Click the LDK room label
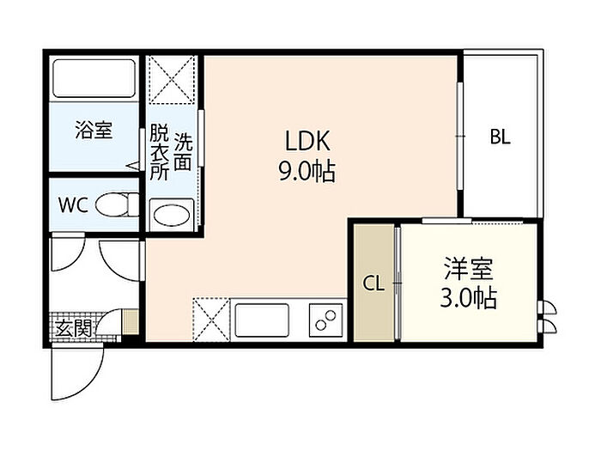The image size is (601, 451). click(307, 141)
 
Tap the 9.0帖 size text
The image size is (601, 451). click(307, 171)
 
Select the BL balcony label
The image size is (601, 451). click(501, 137)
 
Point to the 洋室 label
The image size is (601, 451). click(469, 269)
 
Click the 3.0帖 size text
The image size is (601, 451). click(469, 297)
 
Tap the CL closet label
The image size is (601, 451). click(373, 283)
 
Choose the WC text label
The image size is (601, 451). click(73, 205)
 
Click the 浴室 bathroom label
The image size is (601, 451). click(94, 130)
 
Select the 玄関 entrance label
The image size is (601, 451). click(74, 328)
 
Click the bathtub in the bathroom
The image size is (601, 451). click(94, 78)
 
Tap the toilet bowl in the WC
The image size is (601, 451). click(117, 204)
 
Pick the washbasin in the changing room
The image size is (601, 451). click(172, 215)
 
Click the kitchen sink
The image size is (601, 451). click(262, 320)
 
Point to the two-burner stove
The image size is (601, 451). click(325, 320)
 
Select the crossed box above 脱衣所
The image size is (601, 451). click(172, 80)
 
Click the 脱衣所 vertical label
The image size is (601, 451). click(159, 152)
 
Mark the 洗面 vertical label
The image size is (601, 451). click(183, 152)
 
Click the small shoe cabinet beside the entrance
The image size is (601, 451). click(131, 321)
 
